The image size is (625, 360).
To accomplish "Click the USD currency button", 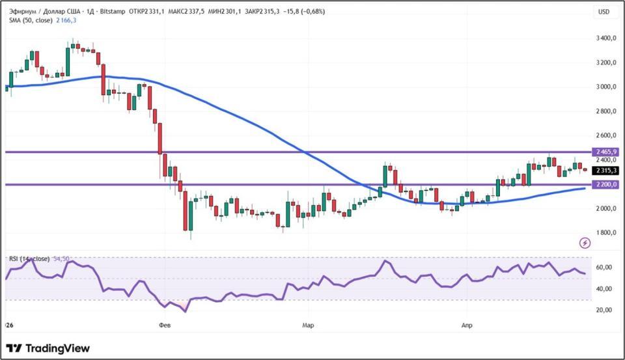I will (604, 12).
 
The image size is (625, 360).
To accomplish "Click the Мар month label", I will (308, 324).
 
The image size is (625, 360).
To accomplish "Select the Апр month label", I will (466, 324).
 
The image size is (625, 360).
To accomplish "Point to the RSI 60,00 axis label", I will (604, 268).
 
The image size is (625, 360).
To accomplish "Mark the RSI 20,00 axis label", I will (604, 310).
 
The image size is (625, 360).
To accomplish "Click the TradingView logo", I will (48, 348).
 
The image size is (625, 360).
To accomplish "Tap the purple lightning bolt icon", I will (585, 243).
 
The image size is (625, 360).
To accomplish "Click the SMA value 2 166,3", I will (66, 21).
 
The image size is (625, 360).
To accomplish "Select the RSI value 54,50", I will (61, 259).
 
